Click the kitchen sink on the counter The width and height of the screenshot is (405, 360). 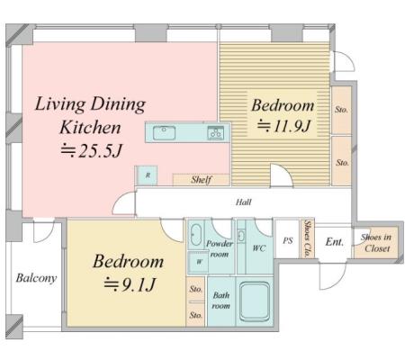click(x=164, y=132)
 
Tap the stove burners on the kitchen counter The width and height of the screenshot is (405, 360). click(x=215, y=132)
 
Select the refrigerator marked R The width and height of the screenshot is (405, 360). click(x=147, y=175)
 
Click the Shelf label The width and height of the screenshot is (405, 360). click(x=202, y=179)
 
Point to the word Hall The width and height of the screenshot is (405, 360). click(x=243, y=202)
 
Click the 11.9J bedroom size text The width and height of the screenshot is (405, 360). click(x=283, y=126)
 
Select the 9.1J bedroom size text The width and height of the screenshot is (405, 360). click(x=130, y=284)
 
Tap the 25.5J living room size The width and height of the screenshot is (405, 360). click(x=92, y=151)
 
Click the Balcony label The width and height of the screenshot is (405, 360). click(x=36, y=278)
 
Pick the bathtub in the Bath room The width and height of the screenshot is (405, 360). click(x=255, y=300)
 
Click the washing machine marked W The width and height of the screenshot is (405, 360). click(x=198, y=262)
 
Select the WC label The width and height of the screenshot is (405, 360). click(x=258, y=248)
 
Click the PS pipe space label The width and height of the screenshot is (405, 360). click(x=288, y=240)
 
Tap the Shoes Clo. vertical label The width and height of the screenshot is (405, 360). click(x=307, y=238)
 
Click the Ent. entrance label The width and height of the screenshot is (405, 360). click(x=335, y=241)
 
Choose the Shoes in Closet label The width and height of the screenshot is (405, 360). click(x=376, y=243)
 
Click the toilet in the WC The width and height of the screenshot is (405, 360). click(x=241, y=236)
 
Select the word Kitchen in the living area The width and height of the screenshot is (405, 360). click(x=90, y=128)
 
